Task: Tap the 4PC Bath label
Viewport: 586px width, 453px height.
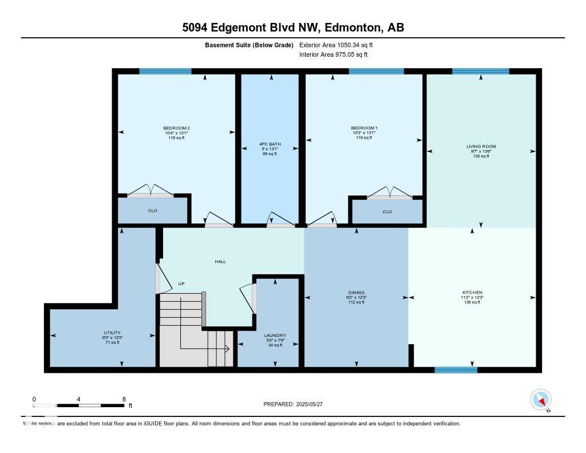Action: pos(269,144)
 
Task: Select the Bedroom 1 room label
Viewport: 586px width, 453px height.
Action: pos(364,128)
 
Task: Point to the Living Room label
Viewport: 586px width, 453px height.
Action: pos(481,147)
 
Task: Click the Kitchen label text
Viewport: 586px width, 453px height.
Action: pos(472,292)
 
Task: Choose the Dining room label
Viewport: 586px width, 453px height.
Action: pos(356,292)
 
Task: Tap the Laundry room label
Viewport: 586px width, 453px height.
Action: pos(275,336)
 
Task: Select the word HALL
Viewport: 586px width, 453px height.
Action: pos(220,261)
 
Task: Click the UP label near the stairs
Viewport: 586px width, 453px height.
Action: pos(181,283)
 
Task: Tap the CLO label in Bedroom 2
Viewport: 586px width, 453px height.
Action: pos(152,211)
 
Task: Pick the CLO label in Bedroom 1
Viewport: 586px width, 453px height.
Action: pos(387,212)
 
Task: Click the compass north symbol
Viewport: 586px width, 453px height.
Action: pos(541,400)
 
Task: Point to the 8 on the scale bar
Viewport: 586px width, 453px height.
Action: pos(124,399)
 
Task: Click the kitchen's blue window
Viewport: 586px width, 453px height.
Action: pos(456,370)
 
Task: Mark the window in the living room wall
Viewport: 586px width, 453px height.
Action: pos(480,72)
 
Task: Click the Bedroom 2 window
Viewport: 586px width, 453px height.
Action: pos(165,72)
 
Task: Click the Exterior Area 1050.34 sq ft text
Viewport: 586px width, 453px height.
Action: pos(336,45)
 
